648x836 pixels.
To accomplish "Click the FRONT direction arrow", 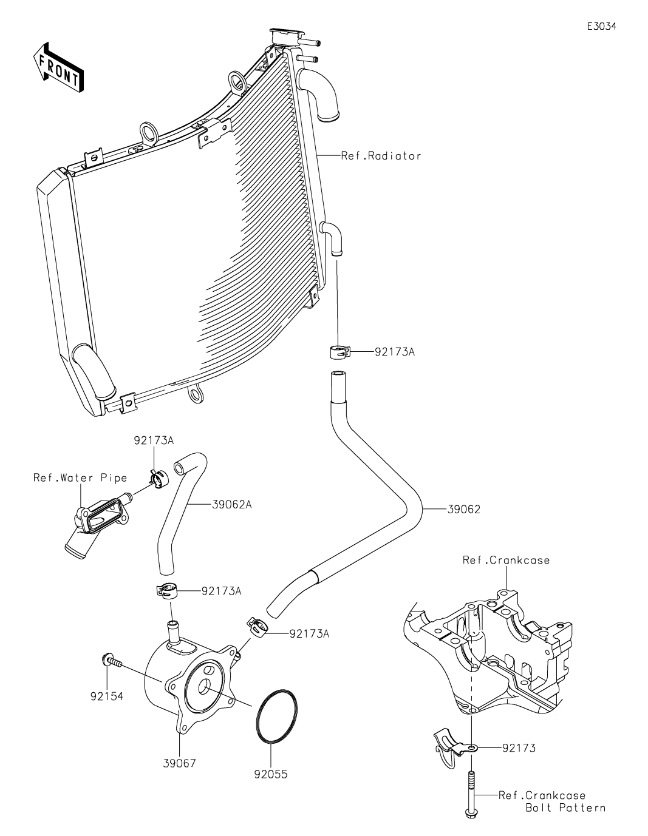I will pos(58,68).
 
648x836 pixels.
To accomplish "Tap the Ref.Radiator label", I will pos(381,156).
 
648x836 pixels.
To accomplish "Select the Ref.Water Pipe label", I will pos(80,477).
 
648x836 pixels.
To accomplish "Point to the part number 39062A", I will pos(231,504).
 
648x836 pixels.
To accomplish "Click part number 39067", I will pos(179,763).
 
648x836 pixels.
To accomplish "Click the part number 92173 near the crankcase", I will pos(519,748).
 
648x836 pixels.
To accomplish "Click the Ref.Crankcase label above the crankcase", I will pos(506,560).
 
